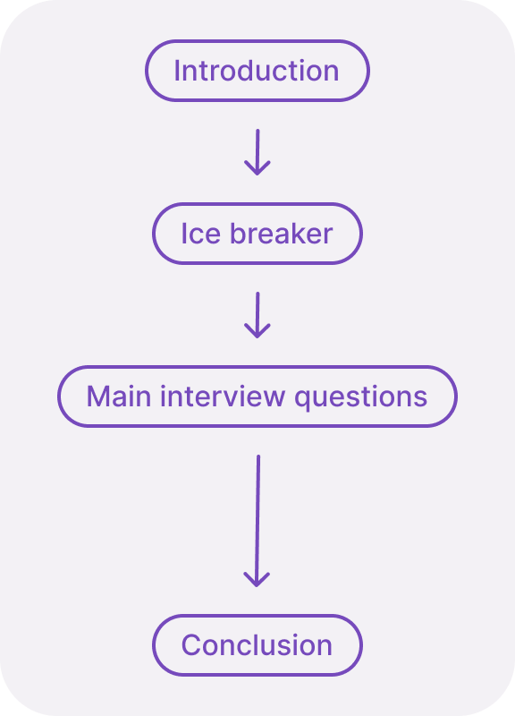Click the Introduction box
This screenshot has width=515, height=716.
tap(257, 71)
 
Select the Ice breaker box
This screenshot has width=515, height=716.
tap(257, 234)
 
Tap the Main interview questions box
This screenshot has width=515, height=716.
tap(257, 396)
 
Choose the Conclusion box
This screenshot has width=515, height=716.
tap(257, 645)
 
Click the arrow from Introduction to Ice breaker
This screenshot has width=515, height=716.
tap(257, 152)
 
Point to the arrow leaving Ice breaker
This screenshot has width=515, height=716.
tap(257, 315)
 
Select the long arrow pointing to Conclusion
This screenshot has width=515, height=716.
tap(257, 519)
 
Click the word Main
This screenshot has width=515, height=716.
tap(119, 396)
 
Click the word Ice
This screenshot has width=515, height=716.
tap(201, 234)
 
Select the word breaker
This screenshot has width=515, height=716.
tap(282, 234)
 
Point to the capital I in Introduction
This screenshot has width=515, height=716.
tap(177, 71)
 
